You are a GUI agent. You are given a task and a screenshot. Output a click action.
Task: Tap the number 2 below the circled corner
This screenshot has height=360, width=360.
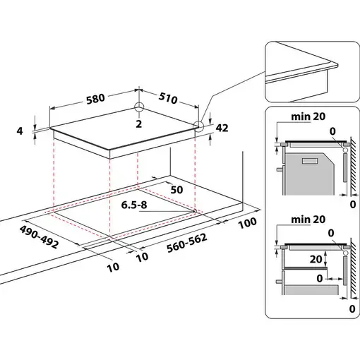tap(139, 124)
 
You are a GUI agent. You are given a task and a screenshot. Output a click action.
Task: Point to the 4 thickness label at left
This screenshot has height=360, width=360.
tap(20, 131)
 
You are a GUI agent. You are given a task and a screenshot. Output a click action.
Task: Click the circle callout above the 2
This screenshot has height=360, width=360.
tap(140, 109)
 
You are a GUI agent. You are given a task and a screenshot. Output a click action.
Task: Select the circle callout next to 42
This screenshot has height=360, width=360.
tap(199, 128)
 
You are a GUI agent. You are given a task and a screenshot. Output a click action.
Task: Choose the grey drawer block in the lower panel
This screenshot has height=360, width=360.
tap(311, 290)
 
